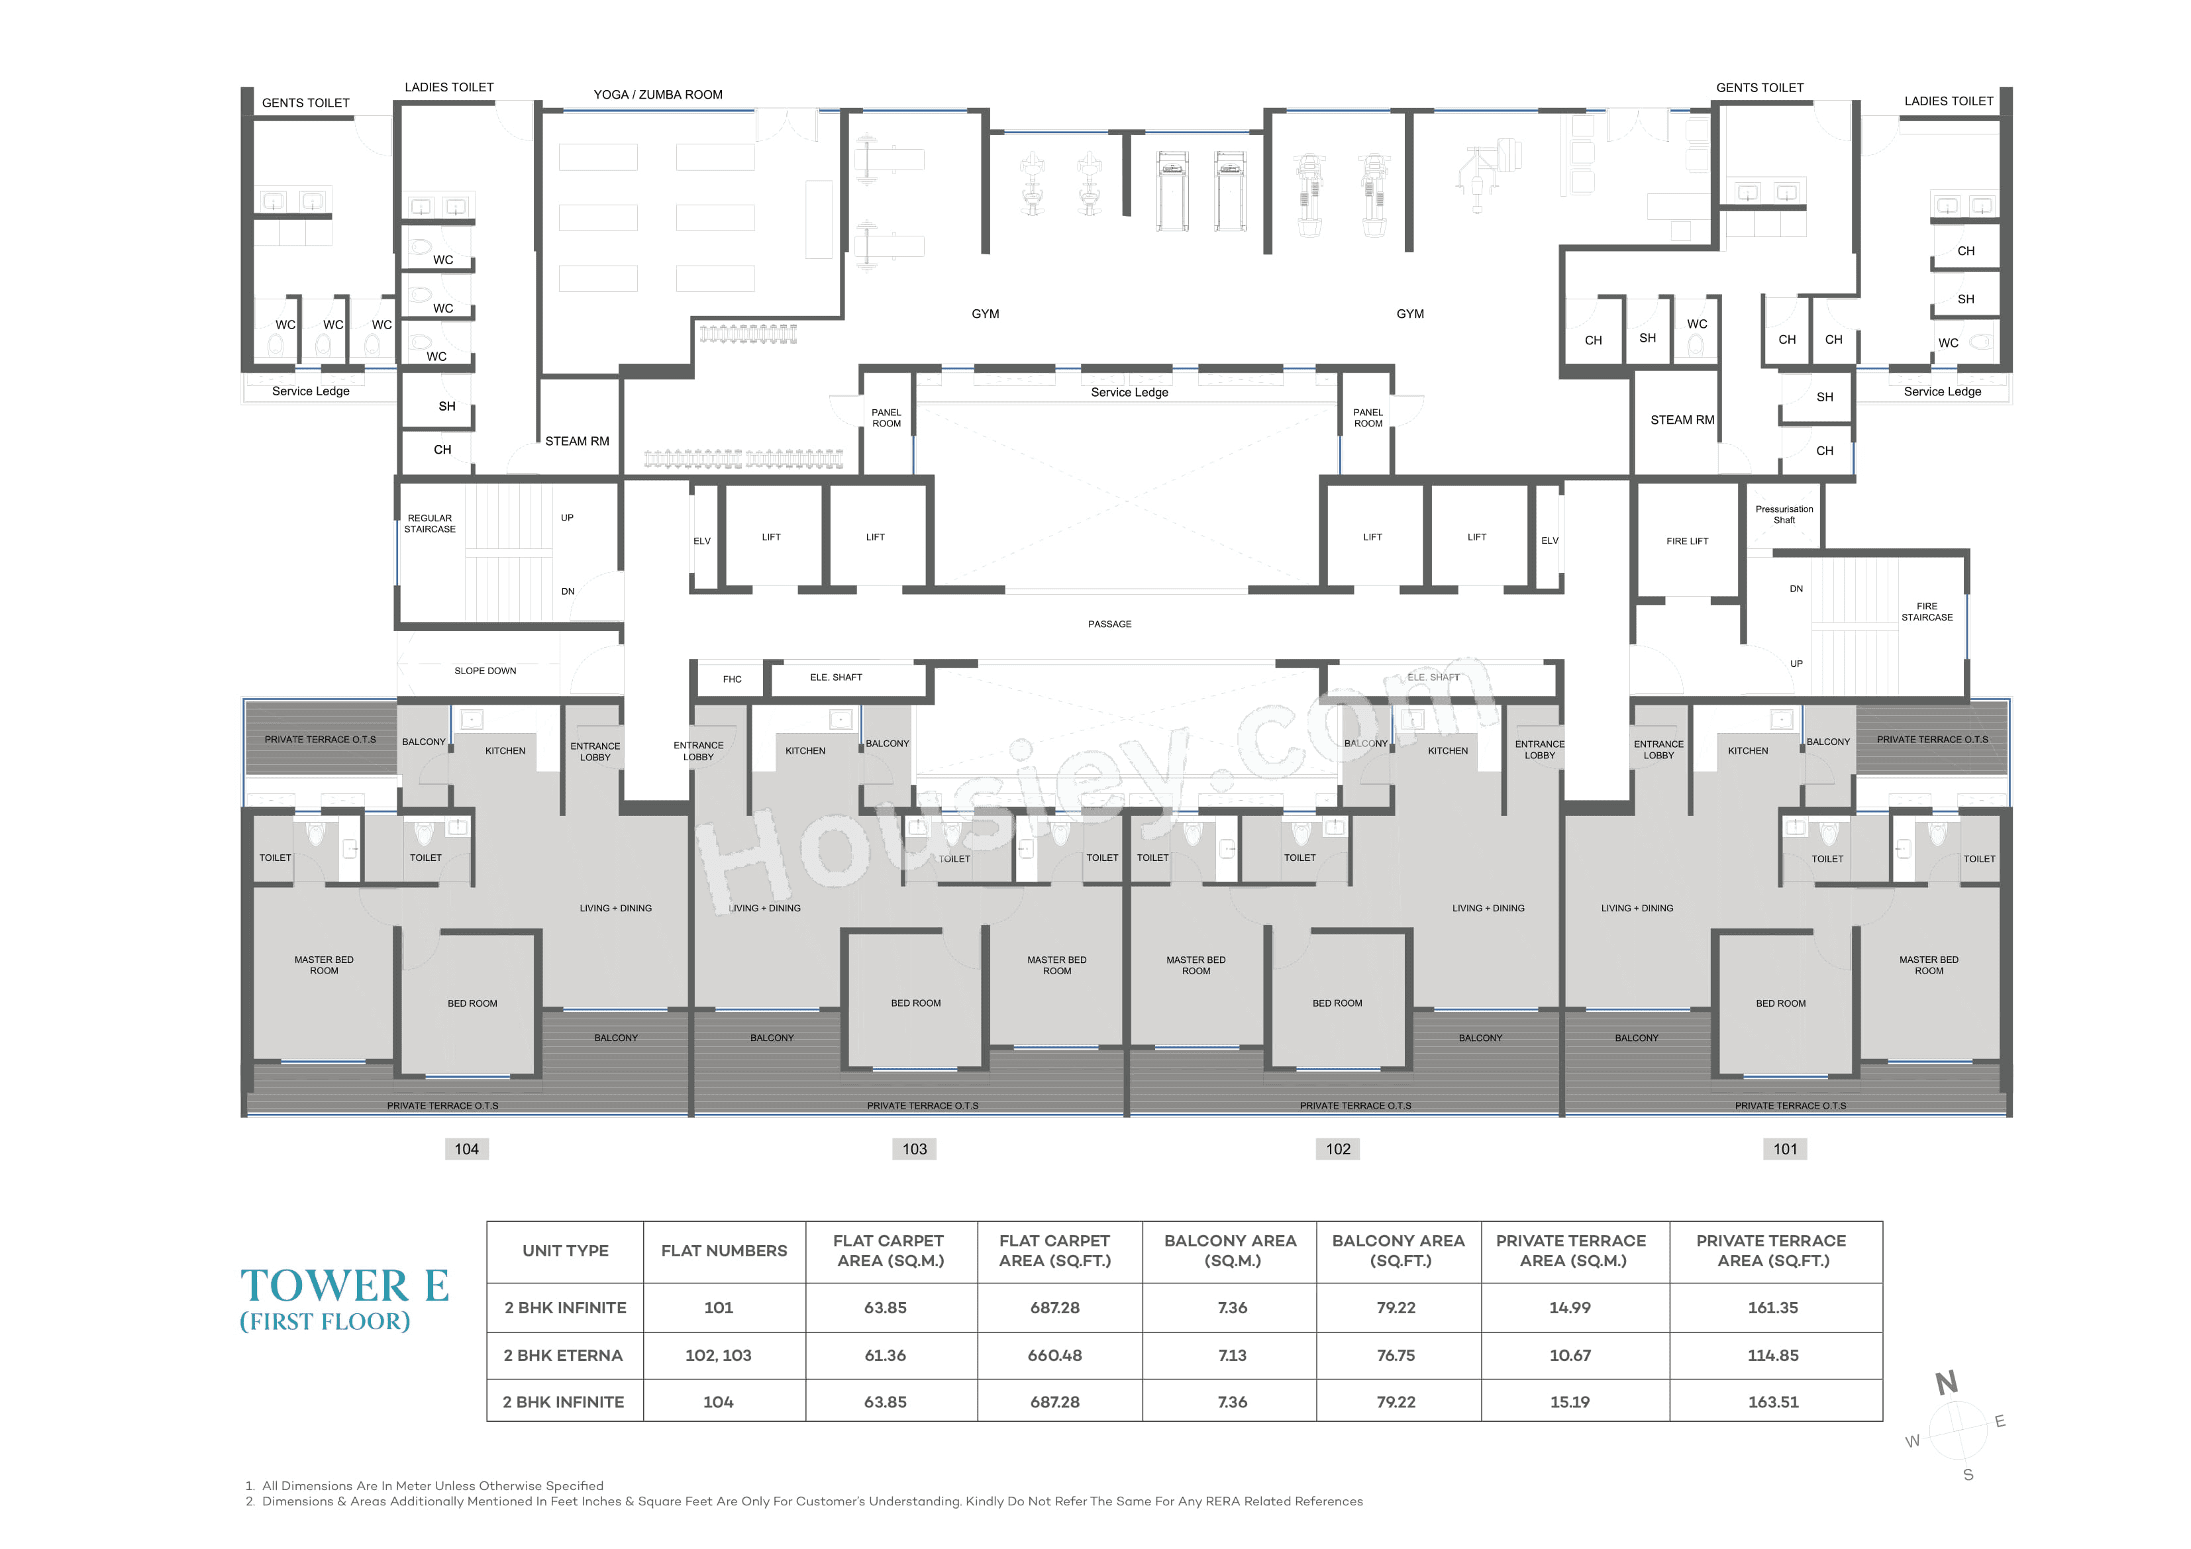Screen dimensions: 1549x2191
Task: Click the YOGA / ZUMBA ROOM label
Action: click(x=658, y=95)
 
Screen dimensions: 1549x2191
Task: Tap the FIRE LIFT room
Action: click(x=1686, y=541)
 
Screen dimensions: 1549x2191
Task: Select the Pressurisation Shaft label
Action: click(x=1784, y=515)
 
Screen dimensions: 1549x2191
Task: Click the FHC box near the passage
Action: click(x=732, y=679)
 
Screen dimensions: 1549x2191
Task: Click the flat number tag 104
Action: click(x=467, y=1149)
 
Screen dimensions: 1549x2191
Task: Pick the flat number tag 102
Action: click(x=1338, y=1149)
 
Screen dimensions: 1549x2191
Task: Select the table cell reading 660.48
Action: click(x=1054, y=1355)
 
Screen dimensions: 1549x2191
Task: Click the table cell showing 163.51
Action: click(x=1773, y=1402)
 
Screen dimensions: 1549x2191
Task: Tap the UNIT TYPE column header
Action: click(x=565, y=1251)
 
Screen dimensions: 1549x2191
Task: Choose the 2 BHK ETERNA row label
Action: click(x=563, y=1355)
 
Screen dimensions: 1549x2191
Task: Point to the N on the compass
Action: click(x=1947, y=1382)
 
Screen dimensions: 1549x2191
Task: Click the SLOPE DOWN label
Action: click(x=485, y=671)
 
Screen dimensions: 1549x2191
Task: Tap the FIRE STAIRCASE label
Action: click(x=1927, y=612)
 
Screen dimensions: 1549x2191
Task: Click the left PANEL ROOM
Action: click(x=886, y=418)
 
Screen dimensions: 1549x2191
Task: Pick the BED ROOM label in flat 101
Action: click(x=1780, y=1003)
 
